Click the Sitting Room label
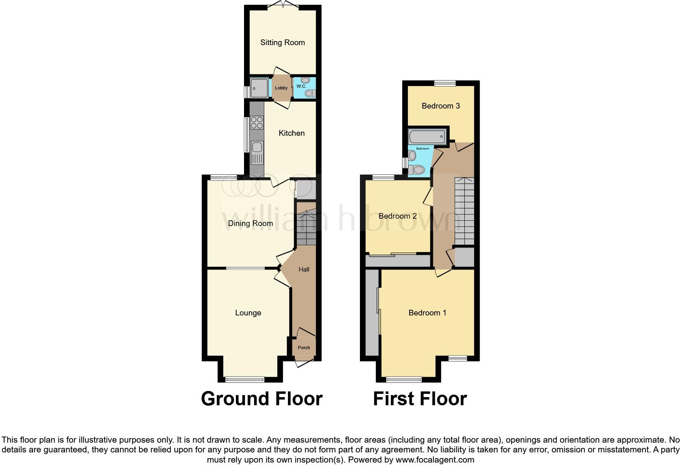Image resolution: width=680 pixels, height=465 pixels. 282,43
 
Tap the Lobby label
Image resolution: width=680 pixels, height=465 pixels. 281,88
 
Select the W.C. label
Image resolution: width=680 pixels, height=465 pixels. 301,86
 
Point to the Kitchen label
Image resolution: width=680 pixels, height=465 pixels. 292,133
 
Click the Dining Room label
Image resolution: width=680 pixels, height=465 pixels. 250,223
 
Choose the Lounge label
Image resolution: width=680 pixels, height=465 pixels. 248,313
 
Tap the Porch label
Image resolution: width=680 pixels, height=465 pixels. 304,348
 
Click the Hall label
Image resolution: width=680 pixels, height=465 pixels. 304,269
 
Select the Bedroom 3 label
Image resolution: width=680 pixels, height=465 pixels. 440,106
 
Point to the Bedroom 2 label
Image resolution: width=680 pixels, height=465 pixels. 397,216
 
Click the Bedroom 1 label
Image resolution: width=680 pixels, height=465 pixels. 427,313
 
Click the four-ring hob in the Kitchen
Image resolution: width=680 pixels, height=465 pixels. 257,122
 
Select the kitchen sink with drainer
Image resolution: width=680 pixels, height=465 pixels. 257,152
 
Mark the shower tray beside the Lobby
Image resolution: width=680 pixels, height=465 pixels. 259,88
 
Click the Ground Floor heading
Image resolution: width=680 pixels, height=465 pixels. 262,399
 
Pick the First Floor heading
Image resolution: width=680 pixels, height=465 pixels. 420,399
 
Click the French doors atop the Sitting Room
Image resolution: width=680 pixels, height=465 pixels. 283,5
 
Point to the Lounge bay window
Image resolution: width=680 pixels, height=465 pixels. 245,380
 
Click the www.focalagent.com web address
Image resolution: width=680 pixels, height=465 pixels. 434,460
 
